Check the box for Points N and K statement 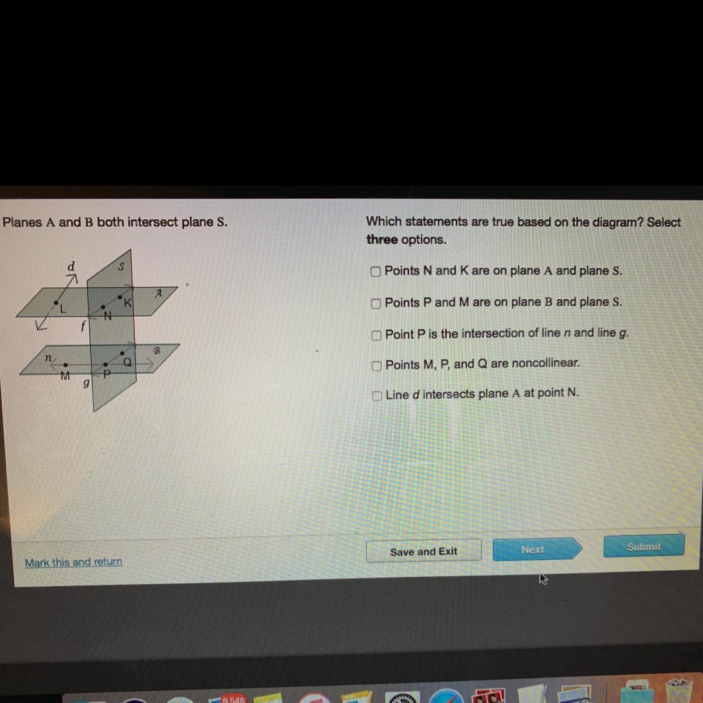coord(376,272)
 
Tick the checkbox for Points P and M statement coord(376,304)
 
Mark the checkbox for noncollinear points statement coord(377,366)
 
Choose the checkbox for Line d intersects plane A coord(377,396)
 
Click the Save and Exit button coord(424,551)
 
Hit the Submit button coord(644,547)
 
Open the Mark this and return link coord(74,562)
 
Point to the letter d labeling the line coord(71,266)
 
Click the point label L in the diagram coord(63,309)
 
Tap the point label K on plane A coord(127,303)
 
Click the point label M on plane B coord(65,376)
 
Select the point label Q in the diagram coord(127,362)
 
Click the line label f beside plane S coord(83,326)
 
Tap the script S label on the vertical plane coord(121,267)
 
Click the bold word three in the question coord(382,239)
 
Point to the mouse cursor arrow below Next coord(544,579)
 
